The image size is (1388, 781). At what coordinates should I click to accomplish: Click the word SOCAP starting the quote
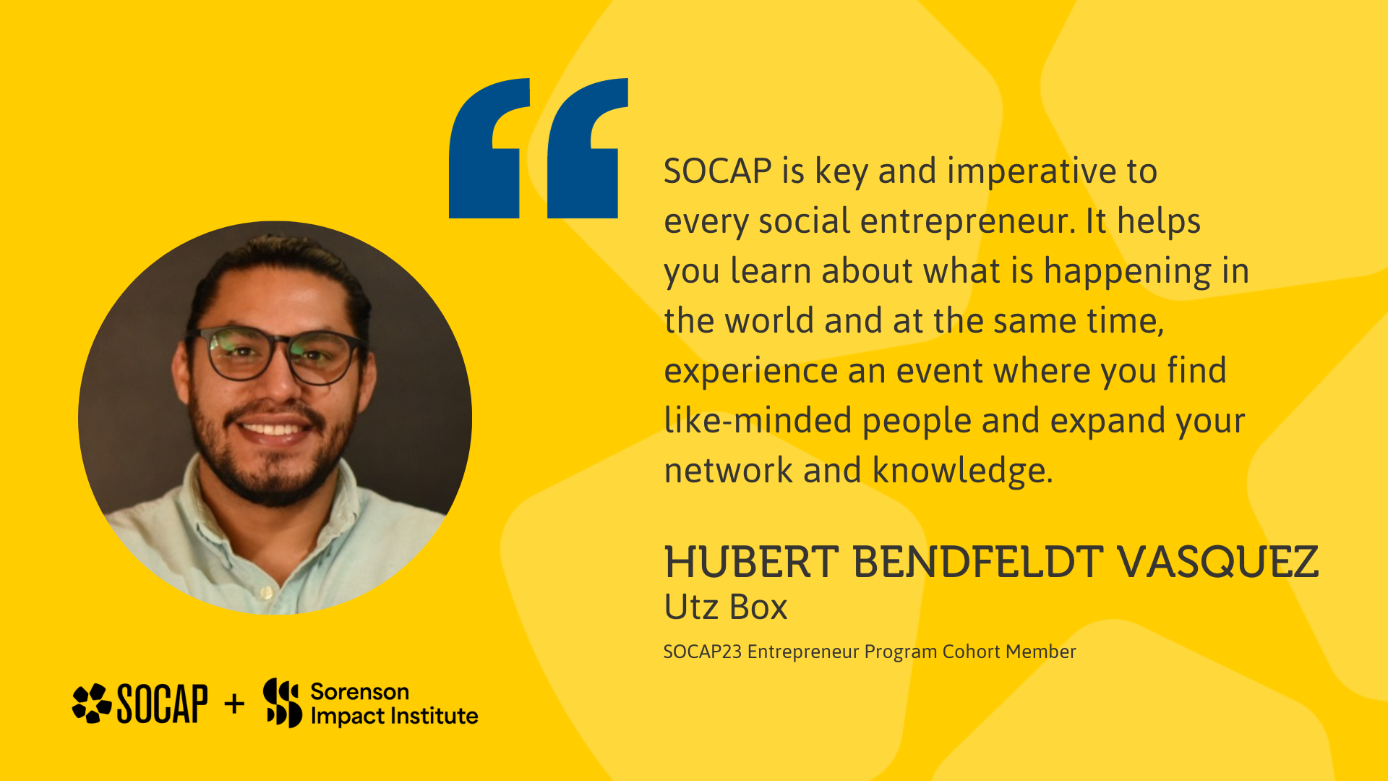(x=718, y=171)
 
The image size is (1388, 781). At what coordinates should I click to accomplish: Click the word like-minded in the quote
(x=758, y=420)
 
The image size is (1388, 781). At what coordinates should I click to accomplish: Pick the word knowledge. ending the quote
(x=963, y=471)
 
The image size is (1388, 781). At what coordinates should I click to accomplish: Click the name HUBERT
(x=751, y=563)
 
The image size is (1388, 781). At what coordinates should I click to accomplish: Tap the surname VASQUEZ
(x=1217, y=563)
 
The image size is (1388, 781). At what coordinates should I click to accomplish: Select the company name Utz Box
(x=725, y=607)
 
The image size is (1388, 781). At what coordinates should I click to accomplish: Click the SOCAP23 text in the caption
(x=703, y=652)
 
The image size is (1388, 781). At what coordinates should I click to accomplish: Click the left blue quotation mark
(x=489, y=148)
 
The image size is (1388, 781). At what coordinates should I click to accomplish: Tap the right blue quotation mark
(x=588, y=148)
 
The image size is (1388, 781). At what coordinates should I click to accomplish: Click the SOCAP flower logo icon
(x=92, y=703)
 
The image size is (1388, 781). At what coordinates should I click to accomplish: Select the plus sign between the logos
(x=234, y=704)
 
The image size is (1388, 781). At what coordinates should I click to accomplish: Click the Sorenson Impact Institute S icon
(x=282, y=703)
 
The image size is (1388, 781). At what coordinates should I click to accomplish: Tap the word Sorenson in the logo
(x=360, y=692)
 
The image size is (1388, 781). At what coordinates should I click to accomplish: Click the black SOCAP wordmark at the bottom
(x=162, y=704)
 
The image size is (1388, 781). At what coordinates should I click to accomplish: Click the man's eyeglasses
(x=275, y=355)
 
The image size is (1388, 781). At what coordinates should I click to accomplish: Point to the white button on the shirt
(x=267, y=593)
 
